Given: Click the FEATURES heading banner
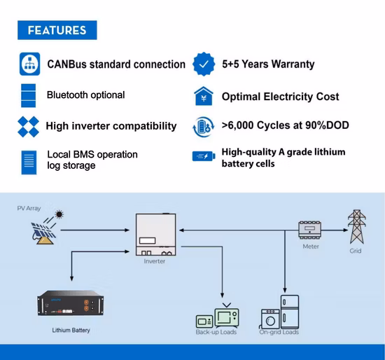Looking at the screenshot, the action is pyautogui.click(x=57, y=30).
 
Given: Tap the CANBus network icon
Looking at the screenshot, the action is pyautogui.click(x=29, y=64).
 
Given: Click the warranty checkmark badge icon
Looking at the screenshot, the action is pyautogui.click(x=204, y=64).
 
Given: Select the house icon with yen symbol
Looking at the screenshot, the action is pyautogui.click(x=204, y=96).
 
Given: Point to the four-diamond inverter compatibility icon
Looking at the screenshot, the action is pyautogui.click(x=28, y=127).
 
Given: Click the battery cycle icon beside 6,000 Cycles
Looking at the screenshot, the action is pyautogui.click(x=203, y=127).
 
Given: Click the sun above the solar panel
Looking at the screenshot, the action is pyautogui.click(x=59, y=214).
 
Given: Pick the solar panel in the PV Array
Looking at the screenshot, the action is pyautogui.click(x=43, y=233).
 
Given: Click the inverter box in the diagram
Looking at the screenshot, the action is pyautogui.click(x=156, y=235).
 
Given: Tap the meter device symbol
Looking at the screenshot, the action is pyautogui.click(x=309, y=230).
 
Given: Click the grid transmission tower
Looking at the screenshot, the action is pyautogui.click(x=357, y=226).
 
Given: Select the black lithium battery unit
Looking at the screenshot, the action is pyautogui.click(x=71, y=303).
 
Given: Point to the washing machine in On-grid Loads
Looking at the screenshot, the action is pyautogui.click(x=270, y=319).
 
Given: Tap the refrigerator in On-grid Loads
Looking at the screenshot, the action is pyautogui.click(x=290, y=312).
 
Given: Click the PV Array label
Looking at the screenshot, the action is pyautogui.click(x=29, y=209).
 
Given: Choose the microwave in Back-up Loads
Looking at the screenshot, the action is pyautogui.click(x=204, y=321).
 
